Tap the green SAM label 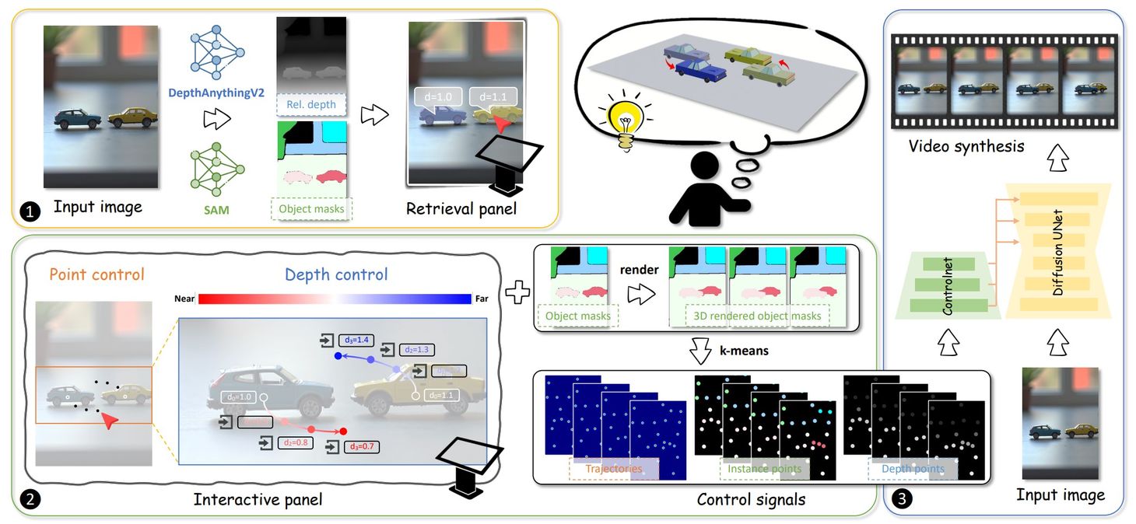216,209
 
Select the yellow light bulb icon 622,122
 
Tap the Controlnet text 948,287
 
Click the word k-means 739,351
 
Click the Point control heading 96,275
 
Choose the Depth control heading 336,275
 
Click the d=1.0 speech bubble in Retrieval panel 439,97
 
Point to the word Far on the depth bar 482,299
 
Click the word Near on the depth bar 184,299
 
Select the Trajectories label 614,469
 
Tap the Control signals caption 751,498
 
